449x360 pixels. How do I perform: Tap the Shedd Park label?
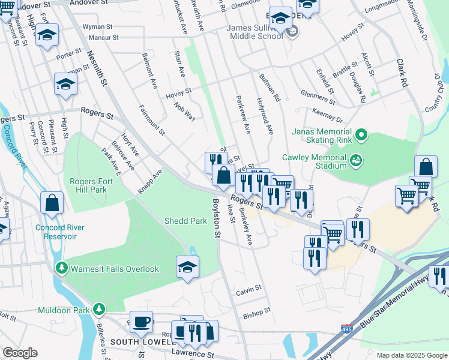tap(185, 221)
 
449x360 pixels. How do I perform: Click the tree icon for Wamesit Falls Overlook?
tap(60, 268)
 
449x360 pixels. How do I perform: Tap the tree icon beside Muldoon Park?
tap(98, 310)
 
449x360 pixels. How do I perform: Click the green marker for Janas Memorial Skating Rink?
tap(361, 136)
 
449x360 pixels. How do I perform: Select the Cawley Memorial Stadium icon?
tap(355, 160)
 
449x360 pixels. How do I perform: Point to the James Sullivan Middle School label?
tap(255, 32)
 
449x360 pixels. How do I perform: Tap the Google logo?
tap(20, 353)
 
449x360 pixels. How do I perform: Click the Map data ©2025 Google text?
tap(411, 355)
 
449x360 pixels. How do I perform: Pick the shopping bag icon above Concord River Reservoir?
tap(52, 204)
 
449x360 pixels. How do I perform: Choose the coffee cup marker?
tap(141, 322)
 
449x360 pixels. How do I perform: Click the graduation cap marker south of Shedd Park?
tap(187, 268)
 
